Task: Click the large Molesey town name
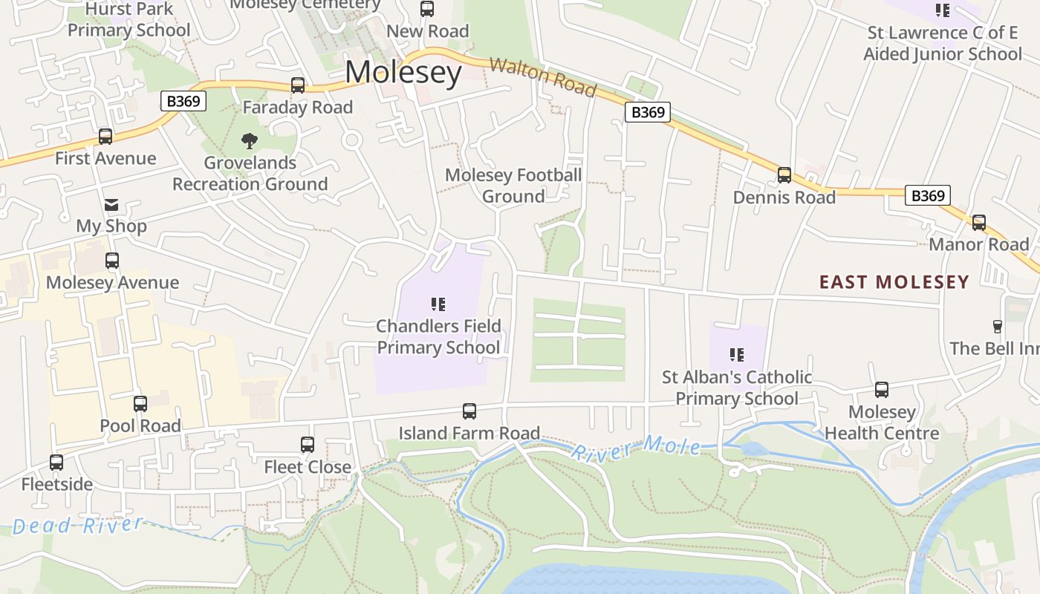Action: [403, 73]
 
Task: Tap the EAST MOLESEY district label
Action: [894, 282]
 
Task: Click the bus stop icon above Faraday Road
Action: [298, 85]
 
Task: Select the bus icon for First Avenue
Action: [105, 137]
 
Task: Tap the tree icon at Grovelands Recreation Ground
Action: [250, 140]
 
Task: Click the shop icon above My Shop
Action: [111, 205]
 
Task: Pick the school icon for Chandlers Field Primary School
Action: [438, 304]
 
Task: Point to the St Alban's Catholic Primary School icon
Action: [737, 355]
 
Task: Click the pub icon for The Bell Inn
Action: [997, 327]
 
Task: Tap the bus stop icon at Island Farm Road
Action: [469, 411]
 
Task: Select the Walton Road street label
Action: [543, 77]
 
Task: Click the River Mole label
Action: [636, 448]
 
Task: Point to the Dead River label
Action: [77, 526]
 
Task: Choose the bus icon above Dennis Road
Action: [784, 175]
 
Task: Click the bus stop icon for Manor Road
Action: [979, 223]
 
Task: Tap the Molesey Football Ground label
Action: [513, 186]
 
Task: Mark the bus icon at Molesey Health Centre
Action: [882, 390]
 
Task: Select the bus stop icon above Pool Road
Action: [140, 404]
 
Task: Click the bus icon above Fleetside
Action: [56, 463]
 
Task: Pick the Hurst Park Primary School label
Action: [129, 20]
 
